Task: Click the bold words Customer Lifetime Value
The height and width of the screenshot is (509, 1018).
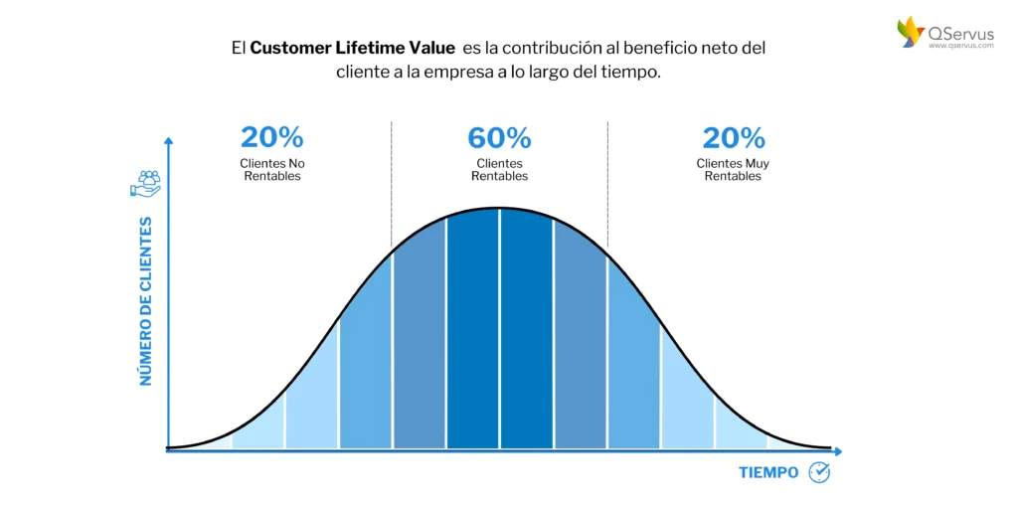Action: tap(352, 48)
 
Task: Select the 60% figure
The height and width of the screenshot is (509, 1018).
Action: tap(499, 138)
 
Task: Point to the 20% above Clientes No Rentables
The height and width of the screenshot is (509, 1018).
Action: tap(271, 138)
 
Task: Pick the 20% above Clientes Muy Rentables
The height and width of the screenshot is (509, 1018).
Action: tap(734, 138)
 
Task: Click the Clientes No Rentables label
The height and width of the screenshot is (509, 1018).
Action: tap(270, 169)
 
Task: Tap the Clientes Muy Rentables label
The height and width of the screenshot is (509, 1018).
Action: tap(734, 169)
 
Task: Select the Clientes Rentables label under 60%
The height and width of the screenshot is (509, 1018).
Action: tap(499, 169)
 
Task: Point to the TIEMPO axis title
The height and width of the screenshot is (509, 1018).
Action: tap(768, 472)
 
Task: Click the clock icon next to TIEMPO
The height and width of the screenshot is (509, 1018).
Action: tap(819, 472)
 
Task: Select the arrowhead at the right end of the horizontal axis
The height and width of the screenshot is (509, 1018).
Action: tap(837, 450)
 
